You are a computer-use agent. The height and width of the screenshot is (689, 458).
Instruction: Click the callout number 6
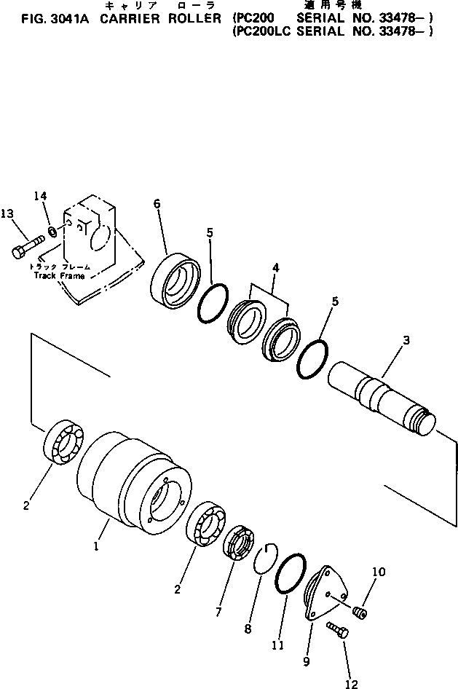coord(157,205)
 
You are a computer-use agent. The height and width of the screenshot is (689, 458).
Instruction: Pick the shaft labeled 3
coord(380,401)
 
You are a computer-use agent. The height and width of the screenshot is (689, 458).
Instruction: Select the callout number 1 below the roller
coord(95,545)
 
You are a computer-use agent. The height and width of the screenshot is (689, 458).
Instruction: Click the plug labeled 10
coord(359,613)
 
